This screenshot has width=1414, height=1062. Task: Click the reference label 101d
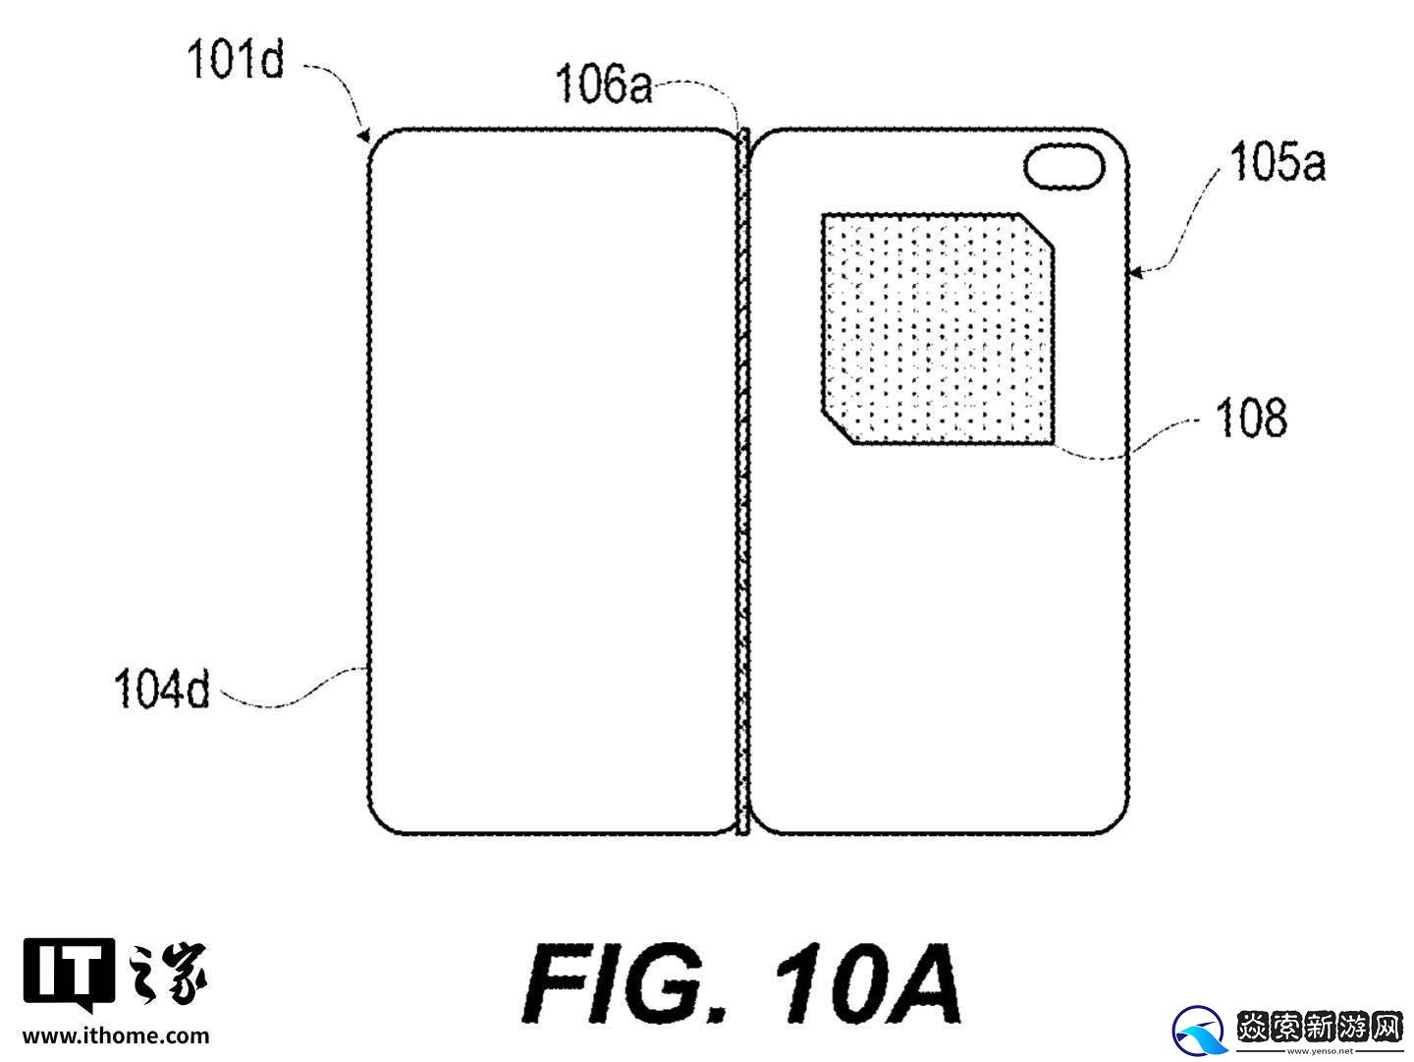click(236, 61)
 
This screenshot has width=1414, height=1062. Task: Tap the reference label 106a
click(604, 86)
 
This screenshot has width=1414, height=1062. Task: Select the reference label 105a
click(1277, 162)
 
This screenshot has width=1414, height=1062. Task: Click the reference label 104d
click(162, 688)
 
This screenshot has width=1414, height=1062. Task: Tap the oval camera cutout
click(1065, 165)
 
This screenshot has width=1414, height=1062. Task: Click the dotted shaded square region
click(933, 329)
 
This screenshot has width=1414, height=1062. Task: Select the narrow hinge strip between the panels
click(743, 481)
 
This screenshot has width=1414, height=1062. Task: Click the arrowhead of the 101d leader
click(366, 135)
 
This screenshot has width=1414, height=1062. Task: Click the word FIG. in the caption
click(628, 982)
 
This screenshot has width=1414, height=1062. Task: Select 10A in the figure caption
click(864, 982)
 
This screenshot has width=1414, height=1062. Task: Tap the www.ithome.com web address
click(116, 1035)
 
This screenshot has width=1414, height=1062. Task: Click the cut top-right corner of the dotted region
click(1039, 231)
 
